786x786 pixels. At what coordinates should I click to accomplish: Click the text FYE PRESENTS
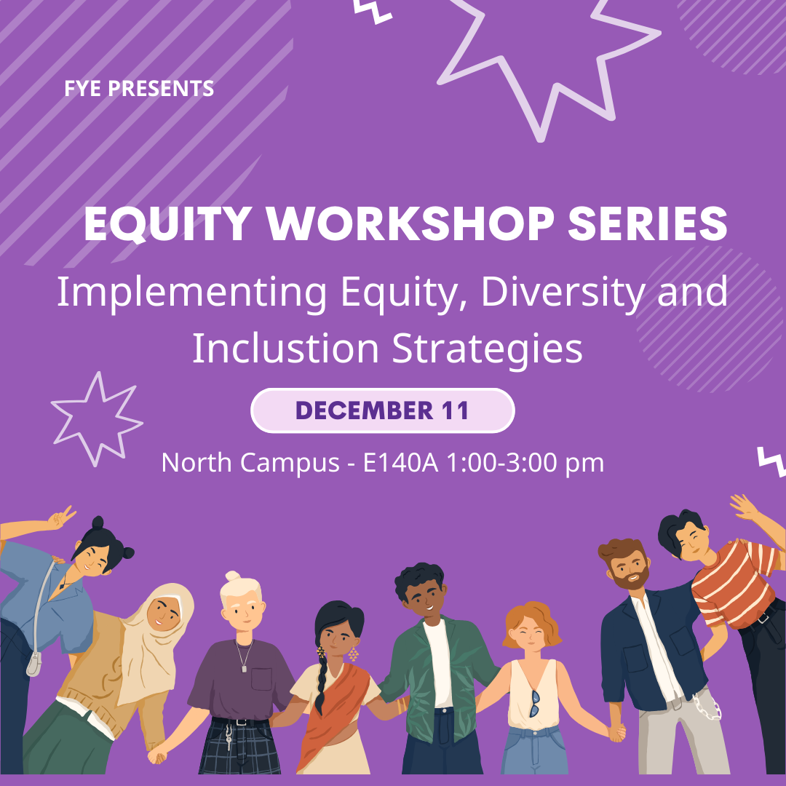click(139, 89)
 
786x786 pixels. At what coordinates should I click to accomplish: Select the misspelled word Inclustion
click(285, 348)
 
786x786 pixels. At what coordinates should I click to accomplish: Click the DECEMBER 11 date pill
click(383, 410)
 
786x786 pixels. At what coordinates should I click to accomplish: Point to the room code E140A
click(400, 462)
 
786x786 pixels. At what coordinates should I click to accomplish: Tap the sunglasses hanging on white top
click(535, 703)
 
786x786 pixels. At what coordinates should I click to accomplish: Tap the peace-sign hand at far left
click(61, 518)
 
